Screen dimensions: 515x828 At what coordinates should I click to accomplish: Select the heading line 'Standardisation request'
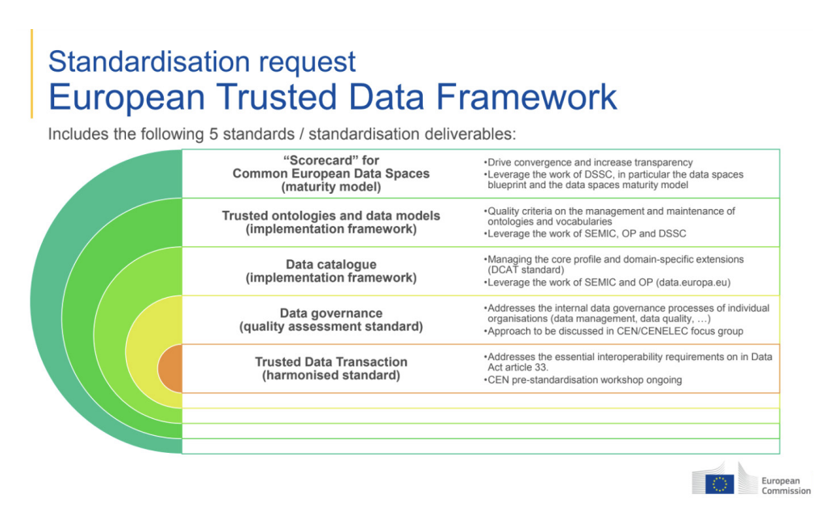(x=202, y=61)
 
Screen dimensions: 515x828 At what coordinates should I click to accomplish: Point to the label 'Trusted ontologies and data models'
(x=331, y=216)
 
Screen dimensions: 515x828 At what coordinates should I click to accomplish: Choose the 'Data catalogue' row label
(x=331, y=264)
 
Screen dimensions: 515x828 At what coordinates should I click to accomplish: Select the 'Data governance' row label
(x=331, y=313)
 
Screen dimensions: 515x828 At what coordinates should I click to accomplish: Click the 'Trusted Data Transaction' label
(x=331, y=362)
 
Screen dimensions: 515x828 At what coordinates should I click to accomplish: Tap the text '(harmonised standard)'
(x=331, y=375)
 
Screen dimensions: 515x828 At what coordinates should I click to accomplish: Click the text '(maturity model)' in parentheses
(x=331, y=186)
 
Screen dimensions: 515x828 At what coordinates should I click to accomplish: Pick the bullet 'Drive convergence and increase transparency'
(x=589, y=162)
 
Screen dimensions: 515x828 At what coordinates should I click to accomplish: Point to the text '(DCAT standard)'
(x=525, y=270)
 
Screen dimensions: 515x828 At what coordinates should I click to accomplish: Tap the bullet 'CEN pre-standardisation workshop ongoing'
(x=584, y=379)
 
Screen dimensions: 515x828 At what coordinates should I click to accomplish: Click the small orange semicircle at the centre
(x=170, y=367)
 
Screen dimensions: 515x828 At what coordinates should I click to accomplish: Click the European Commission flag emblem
(x=719, y=484)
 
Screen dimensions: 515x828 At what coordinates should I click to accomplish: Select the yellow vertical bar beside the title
(x=32, y=73)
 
